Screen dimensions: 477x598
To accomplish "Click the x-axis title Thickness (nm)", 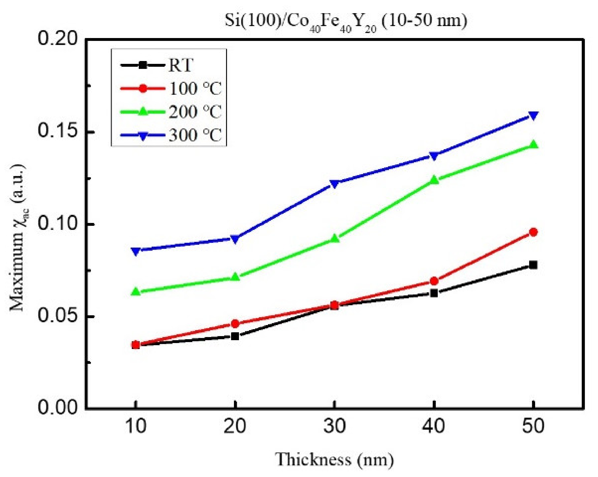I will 334,460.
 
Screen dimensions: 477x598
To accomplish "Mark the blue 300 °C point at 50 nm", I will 533,115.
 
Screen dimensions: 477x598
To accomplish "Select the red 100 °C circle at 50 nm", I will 533,232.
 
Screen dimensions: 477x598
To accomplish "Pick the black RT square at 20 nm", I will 235,336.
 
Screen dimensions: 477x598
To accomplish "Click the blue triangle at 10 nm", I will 136,251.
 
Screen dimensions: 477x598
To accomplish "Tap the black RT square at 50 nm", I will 533,265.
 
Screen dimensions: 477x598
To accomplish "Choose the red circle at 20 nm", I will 235,324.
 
